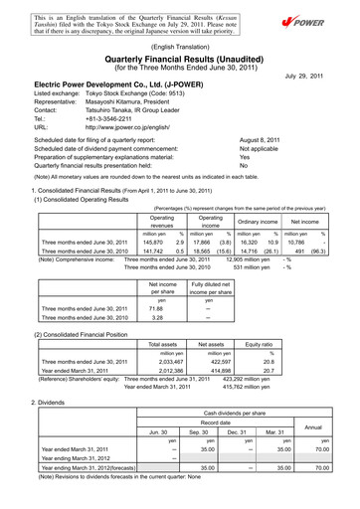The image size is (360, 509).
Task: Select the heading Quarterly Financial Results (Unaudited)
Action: pyautogui.click(x=179, y=58)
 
